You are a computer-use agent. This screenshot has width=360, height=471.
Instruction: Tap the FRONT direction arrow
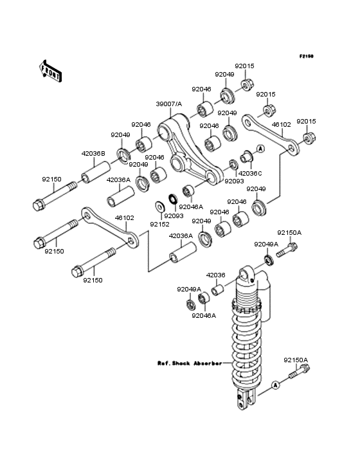pos(51,70)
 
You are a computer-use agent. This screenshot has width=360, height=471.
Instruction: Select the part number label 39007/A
pos(169,104)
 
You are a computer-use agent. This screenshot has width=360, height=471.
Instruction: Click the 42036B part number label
pos(93,154)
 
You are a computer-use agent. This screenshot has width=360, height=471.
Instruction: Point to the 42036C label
pos(250,173)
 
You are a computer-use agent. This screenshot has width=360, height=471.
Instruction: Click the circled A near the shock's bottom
pos(276,385)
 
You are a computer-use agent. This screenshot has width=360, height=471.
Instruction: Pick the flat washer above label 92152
pos(159,207)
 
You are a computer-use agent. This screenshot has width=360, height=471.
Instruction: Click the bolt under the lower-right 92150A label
pos(296,372)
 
